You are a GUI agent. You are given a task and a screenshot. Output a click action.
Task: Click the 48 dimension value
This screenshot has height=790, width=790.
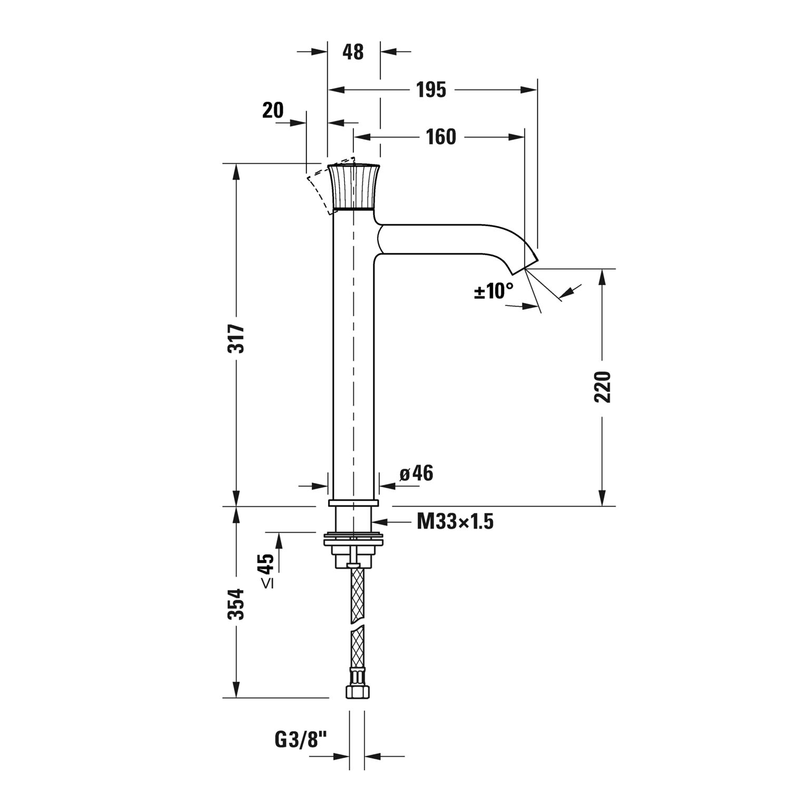pos(353,52)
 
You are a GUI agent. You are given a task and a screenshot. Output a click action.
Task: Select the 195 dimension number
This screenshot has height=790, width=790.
pos(431,90)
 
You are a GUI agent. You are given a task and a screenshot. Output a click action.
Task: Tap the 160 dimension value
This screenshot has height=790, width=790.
pos(441,137)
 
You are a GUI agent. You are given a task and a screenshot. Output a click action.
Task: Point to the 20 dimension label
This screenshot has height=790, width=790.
pos(273,111)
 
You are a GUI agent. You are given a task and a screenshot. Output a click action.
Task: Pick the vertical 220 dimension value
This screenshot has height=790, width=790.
pos(603,387)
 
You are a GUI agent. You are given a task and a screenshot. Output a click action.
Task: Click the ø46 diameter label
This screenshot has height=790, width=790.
pos(416,473)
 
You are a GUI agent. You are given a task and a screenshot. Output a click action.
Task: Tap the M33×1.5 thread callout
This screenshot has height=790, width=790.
pos(455,522)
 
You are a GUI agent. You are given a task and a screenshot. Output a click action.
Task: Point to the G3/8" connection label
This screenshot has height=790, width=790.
pos(301,740)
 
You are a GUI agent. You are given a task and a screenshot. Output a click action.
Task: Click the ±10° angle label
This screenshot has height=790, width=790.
pos(493,290)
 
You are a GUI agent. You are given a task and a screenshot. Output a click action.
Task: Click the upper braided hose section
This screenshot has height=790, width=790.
pos(356,594)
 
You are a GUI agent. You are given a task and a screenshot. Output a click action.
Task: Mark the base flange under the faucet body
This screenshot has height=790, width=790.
pos(353,503)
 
